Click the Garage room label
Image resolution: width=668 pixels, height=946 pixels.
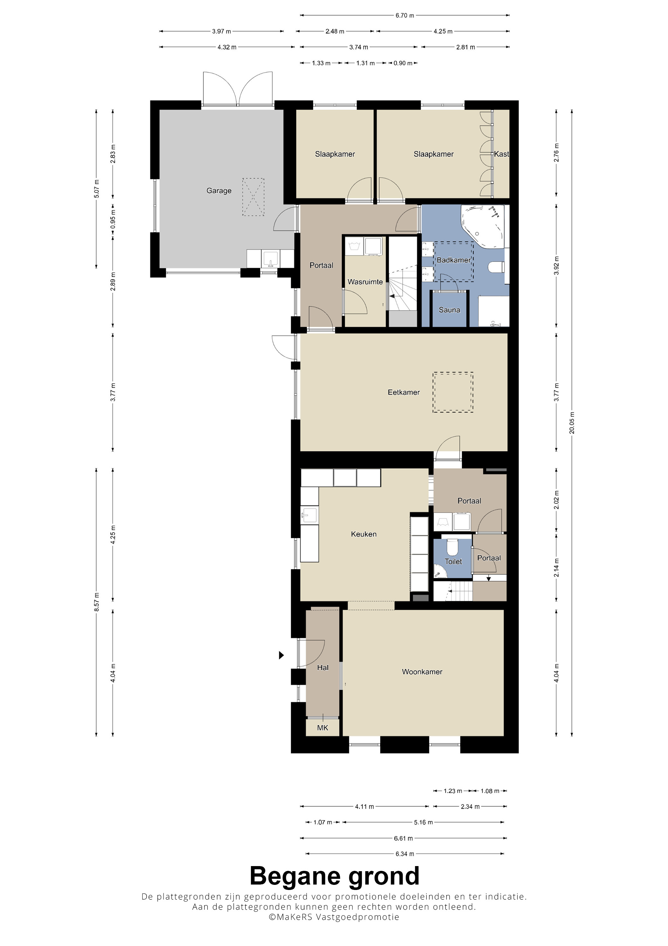[x=219, y=191]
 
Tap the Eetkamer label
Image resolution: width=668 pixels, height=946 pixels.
[x=404, y=392]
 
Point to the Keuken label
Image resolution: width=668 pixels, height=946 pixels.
[x=364, y=534]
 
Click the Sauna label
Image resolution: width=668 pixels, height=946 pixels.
[x=449, y=310]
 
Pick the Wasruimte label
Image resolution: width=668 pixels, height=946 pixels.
[x=365, y=282]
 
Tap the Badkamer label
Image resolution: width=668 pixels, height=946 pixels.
[x=454, y=260]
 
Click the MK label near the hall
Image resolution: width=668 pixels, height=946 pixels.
[x=323, y=728]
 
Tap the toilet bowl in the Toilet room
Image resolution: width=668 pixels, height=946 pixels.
[x=453, y=547]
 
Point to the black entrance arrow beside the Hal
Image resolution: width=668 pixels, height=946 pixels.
[x=282, y=655]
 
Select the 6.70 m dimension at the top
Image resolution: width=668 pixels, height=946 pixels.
[x=405, y=16]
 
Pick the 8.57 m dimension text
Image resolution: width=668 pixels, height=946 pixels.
[x=96, y=602]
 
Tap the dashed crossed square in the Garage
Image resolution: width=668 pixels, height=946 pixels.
[x=253, y=197]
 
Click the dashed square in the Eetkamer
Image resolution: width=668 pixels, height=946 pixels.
[x=453, y=392]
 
